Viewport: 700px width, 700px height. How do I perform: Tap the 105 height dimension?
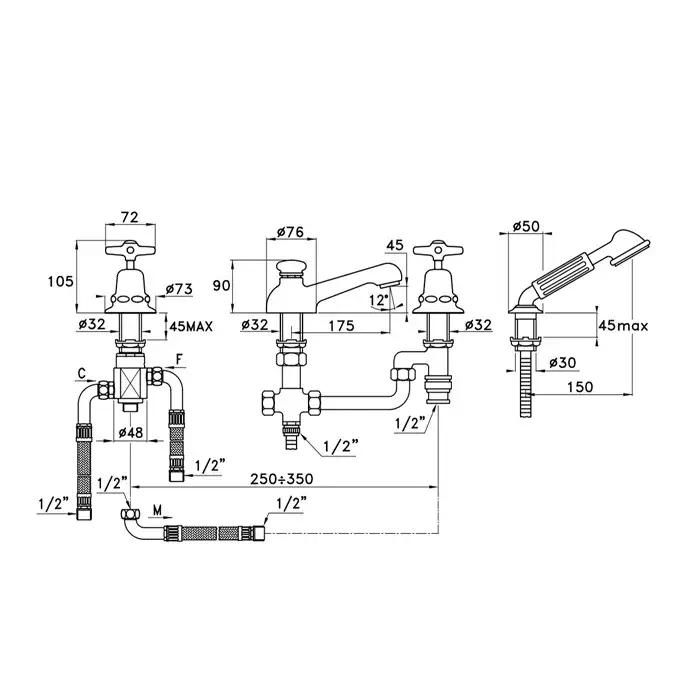pos(61,281)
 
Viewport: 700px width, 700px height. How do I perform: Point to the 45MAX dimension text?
pos(192,325)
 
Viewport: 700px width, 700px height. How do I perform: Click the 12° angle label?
pos(376,299)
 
